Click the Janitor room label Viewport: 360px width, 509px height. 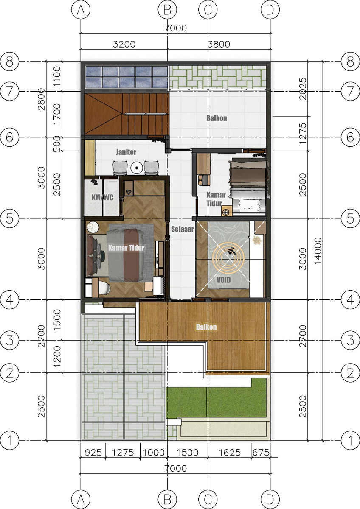126,152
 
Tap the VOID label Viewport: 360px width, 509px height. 224,280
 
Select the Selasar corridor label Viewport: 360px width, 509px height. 183,229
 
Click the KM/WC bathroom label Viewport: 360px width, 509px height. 102,197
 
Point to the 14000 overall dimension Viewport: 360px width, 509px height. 318,251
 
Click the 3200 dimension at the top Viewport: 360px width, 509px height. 124,44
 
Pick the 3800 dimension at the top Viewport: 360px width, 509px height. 219,44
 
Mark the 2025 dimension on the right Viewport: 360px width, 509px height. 303,89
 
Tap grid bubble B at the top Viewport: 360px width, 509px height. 167,10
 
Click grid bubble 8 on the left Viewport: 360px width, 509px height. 9,62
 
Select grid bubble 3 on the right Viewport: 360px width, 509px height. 351,340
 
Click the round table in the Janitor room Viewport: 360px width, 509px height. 137,168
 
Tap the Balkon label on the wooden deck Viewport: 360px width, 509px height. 206,327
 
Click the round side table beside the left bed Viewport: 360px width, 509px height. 93,227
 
